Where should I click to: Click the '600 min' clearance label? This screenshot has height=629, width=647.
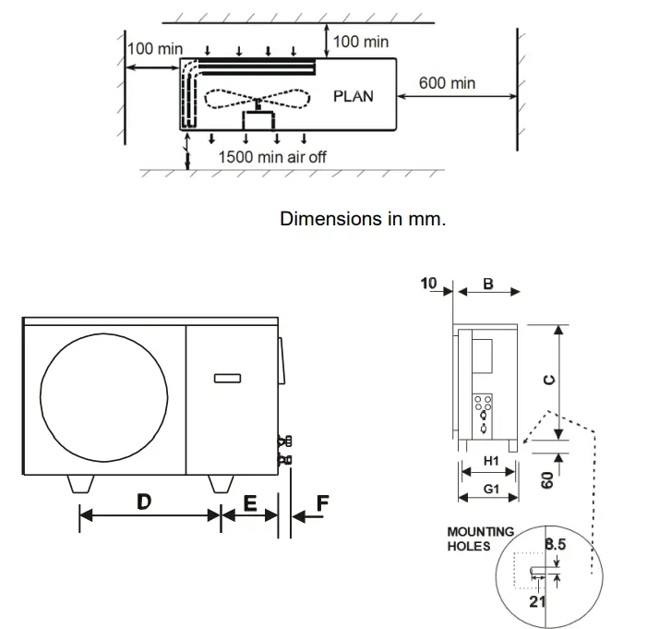pyautogui.click(x=447, y=83)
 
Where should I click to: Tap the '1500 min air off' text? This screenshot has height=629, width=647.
pyautogui.click(x=272, y=156)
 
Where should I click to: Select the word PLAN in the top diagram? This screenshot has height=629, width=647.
pyautogui.click(x=353, y=96)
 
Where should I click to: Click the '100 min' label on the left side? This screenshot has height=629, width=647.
pyautogui.click(x=155, y=48)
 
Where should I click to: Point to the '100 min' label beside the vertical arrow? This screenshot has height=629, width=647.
pyautogui.click(x=361, y=42)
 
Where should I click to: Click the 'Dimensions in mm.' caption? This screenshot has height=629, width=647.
pyautogui.click(x=363, y=219)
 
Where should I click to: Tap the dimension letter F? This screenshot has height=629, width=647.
pyautogui.click(x=321, y=503)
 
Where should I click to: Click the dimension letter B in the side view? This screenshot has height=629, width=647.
pyautogui.click(x=488, y=284)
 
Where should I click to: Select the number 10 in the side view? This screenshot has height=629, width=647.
pyautogui.click(x=430, y=284)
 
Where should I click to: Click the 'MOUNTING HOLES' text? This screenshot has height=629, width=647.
pyautogui.click(x=480, y=538)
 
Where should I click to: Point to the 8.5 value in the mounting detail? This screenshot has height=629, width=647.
pyautogui.click(x=556, y=545)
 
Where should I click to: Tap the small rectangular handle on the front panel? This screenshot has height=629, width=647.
pyautogui.click(x=228, y=377)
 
